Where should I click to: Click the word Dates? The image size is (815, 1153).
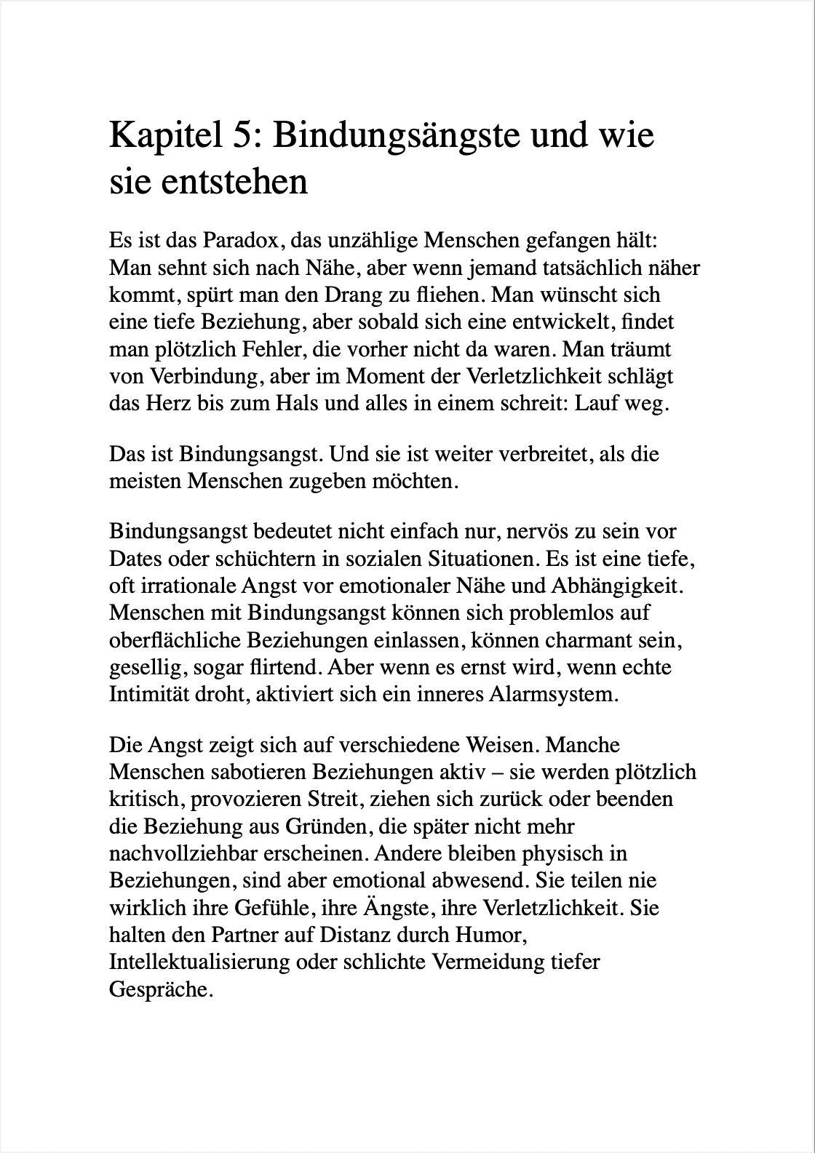(x=135, y=559)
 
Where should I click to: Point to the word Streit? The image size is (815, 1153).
(x=339, y=799)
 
